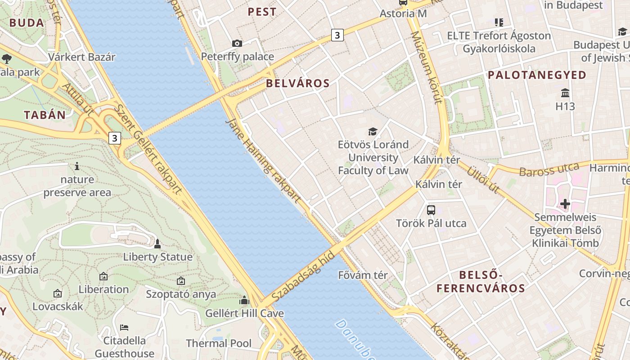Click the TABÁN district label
coord(45,115)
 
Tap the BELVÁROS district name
coord(297,83)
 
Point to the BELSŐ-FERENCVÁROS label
coord(481,282)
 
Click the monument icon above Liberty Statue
coord(157,244)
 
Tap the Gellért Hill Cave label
coord(244,313)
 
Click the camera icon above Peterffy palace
coord(237,43)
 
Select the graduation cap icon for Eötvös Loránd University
coord(373,131)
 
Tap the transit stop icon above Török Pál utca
coord(431,210)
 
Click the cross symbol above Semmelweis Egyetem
coord(565,204)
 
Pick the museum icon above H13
coord(565,93)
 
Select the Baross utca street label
coord(549,170)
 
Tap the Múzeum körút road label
coord(425,67)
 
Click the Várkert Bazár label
coord(82,57)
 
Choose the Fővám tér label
coord(363,275)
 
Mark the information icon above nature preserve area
coord(77,166)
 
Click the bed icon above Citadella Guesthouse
coord(124,327)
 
